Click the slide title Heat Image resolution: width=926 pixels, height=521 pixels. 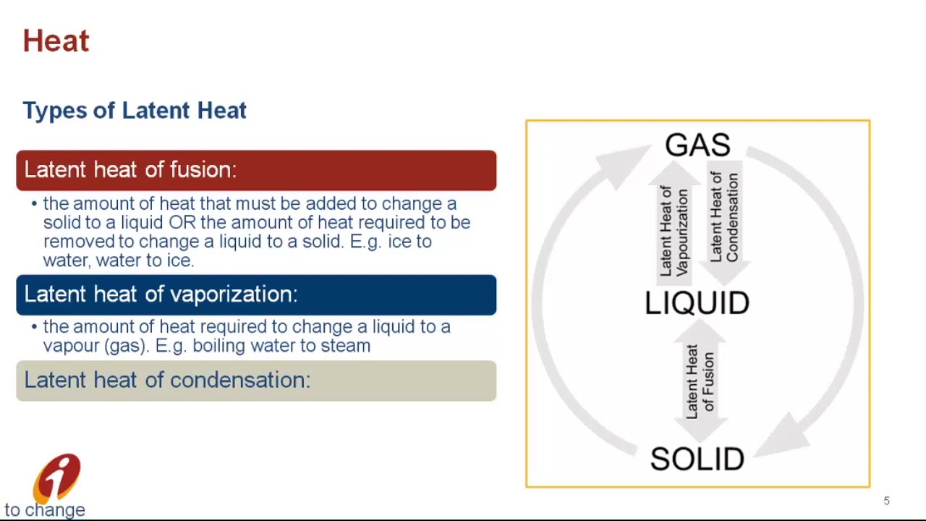click(x=56, y=41)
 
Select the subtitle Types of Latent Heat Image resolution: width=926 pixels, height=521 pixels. click(x=135, y=110)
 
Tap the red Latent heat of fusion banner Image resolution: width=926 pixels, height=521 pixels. click(x=256, y=170)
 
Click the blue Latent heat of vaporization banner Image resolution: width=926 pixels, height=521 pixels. click(x=256, y=295)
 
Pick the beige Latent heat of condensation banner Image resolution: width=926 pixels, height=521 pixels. click(x=256, y=381)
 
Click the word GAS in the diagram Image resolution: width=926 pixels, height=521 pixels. click(x=697, y=145)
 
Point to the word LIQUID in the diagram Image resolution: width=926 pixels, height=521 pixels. click(x=697, y=303)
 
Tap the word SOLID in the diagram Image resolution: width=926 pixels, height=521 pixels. click(x=697, y=459)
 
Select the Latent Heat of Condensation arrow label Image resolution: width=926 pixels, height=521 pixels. click(x=724, y=217)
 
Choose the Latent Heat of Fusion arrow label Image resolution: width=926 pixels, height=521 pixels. click(x=700, y=381)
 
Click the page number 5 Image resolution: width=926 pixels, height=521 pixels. click(x=886, y=501)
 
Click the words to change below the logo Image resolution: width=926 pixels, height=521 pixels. click(x=45, y=510)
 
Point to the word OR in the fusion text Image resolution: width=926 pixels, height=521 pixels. click(x=182, y=223)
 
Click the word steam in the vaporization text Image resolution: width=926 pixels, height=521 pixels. click(x=345, y=346)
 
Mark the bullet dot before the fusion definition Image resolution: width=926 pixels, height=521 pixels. click(x=34, y=204)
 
